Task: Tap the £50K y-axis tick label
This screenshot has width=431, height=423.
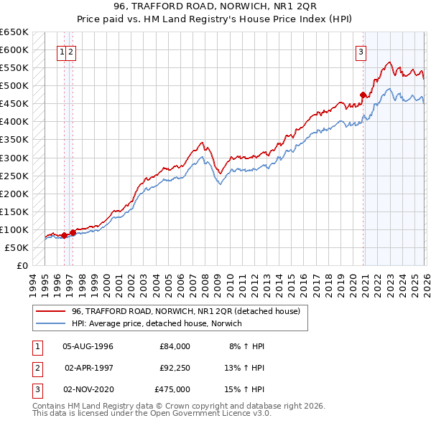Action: point(17,247)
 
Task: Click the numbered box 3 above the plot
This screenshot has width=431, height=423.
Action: point(360,51)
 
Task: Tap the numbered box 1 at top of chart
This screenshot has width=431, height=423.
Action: point(62,51)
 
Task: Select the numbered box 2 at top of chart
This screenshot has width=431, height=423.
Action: point(72,51)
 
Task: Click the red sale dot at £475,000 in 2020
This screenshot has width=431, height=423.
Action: point(363,95)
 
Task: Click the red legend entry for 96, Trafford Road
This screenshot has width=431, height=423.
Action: point(190,311)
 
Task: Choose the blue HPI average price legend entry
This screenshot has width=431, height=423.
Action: point(157,323)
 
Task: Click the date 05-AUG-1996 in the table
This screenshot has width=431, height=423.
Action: point(88,346)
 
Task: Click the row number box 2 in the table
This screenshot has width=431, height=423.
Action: point(37,368)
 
